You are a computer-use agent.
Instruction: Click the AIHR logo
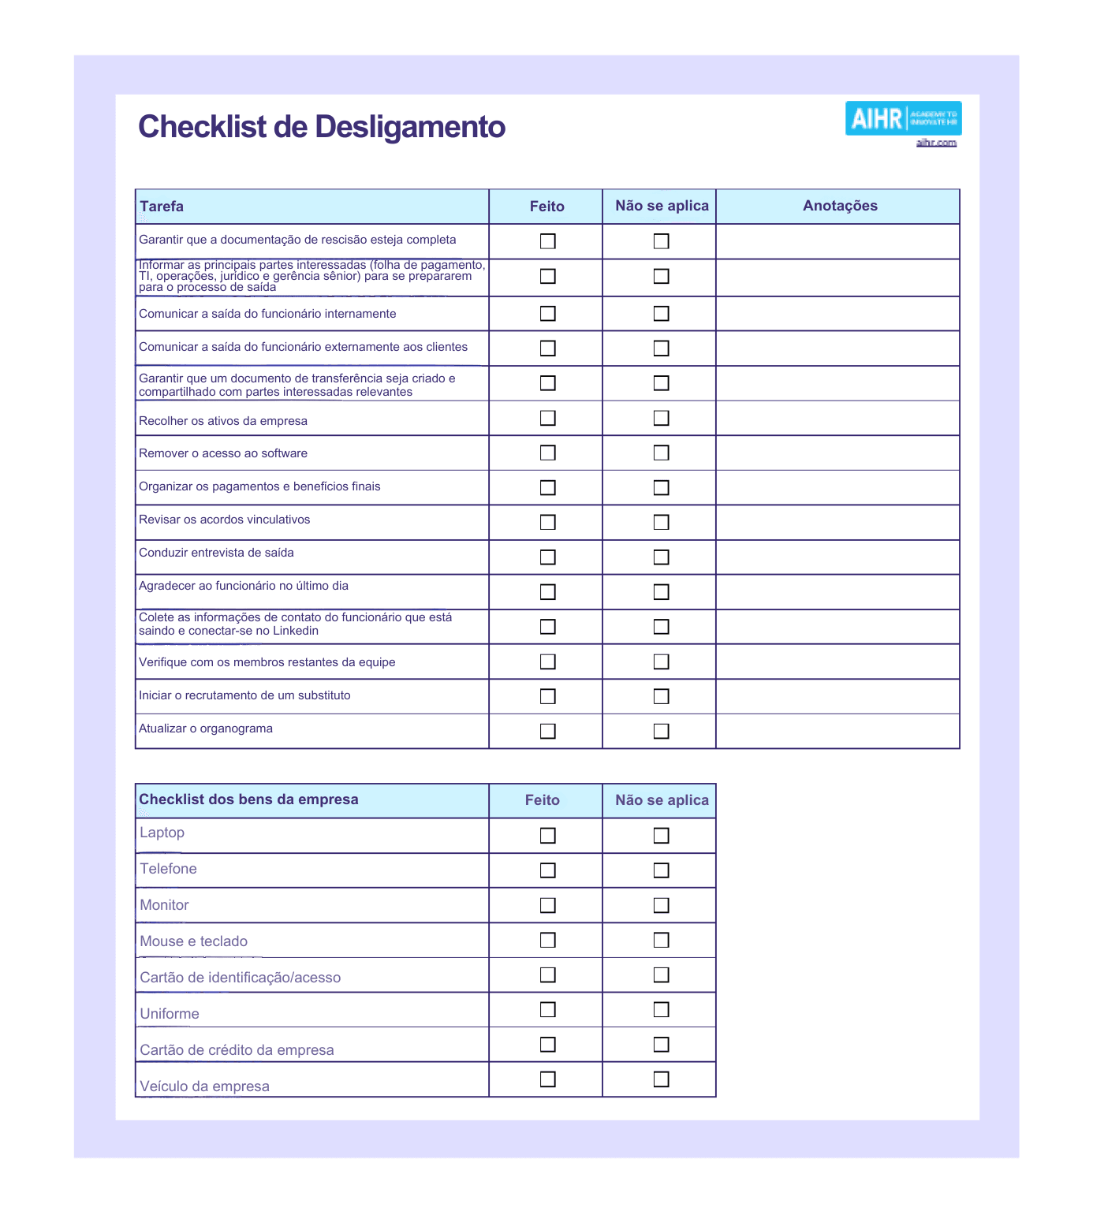(903, 118)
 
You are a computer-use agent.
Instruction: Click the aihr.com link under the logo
(936, 143)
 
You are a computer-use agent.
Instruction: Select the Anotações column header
(840, 206)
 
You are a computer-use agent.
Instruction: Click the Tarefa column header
(162, 207)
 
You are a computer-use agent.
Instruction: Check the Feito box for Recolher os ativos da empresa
(547, 418)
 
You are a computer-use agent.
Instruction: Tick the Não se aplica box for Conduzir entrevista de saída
(661, 557)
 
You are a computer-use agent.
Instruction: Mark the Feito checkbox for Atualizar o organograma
(547, 731)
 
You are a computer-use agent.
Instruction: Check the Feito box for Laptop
(547, 836)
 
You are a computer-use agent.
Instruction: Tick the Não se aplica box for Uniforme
(661, 1010)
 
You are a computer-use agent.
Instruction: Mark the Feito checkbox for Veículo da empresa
(547, 1079)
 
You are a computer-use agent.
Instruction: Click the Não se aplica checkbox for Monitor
(661, 905)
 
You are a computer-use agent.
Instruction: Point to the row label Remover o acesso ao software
(223, 453)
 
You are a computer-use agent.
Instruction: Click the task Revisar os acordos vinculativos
(225, 520)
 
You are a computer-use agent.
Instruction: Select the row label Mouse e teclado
(194, 941)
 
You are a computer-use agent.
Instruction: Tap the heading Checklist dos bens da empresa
(248, 799)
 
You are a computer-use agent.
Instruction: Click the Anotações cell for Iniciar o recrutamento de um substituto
(837, 696)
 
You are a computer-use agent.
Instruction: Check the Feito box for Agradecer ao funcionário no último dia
(547, 592)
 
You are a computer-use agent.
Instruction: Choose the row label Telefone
(169, 869)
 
